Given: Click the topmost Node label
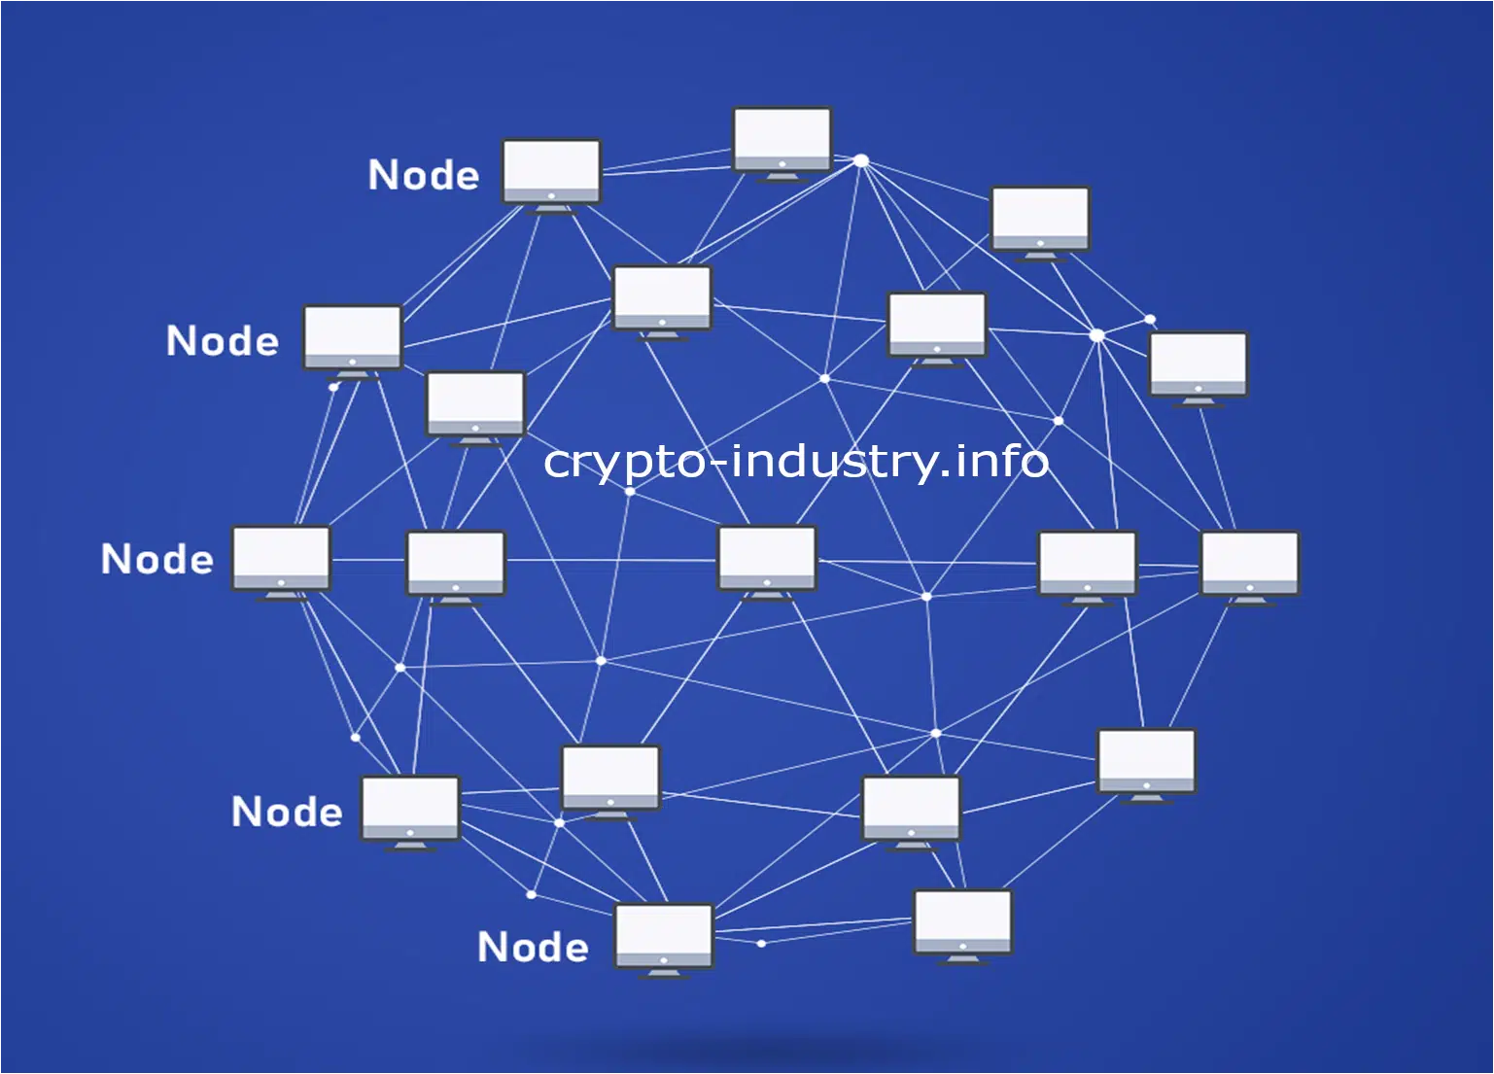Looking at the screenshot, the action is coord(424,175).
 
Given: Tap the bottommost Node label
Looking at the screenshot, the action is coord(533,947).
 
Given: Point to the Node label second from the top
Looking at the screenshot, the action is coord(222,340).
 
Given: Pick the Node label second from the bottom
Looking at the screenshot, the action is coord(287,812).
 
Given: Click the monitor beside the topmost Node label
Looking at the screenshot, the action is coord(551,176).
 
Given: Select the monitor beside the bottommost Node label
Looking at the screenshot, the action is coord(664,941).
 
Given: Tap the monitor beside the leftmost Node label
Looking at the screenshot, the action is coord(282,564).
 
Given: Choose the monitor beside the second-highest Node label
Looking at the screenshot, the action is coord(353,342).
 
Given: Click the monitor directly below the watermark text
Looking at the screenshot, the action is coord(767,564).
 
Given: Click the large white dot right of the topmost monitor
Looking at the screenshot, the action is coord(862,160).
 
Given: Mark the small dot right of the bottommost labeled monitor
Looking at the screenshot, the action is coord(761,943).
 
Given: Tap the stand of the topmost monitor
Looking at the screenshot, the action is coord(782,178).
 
